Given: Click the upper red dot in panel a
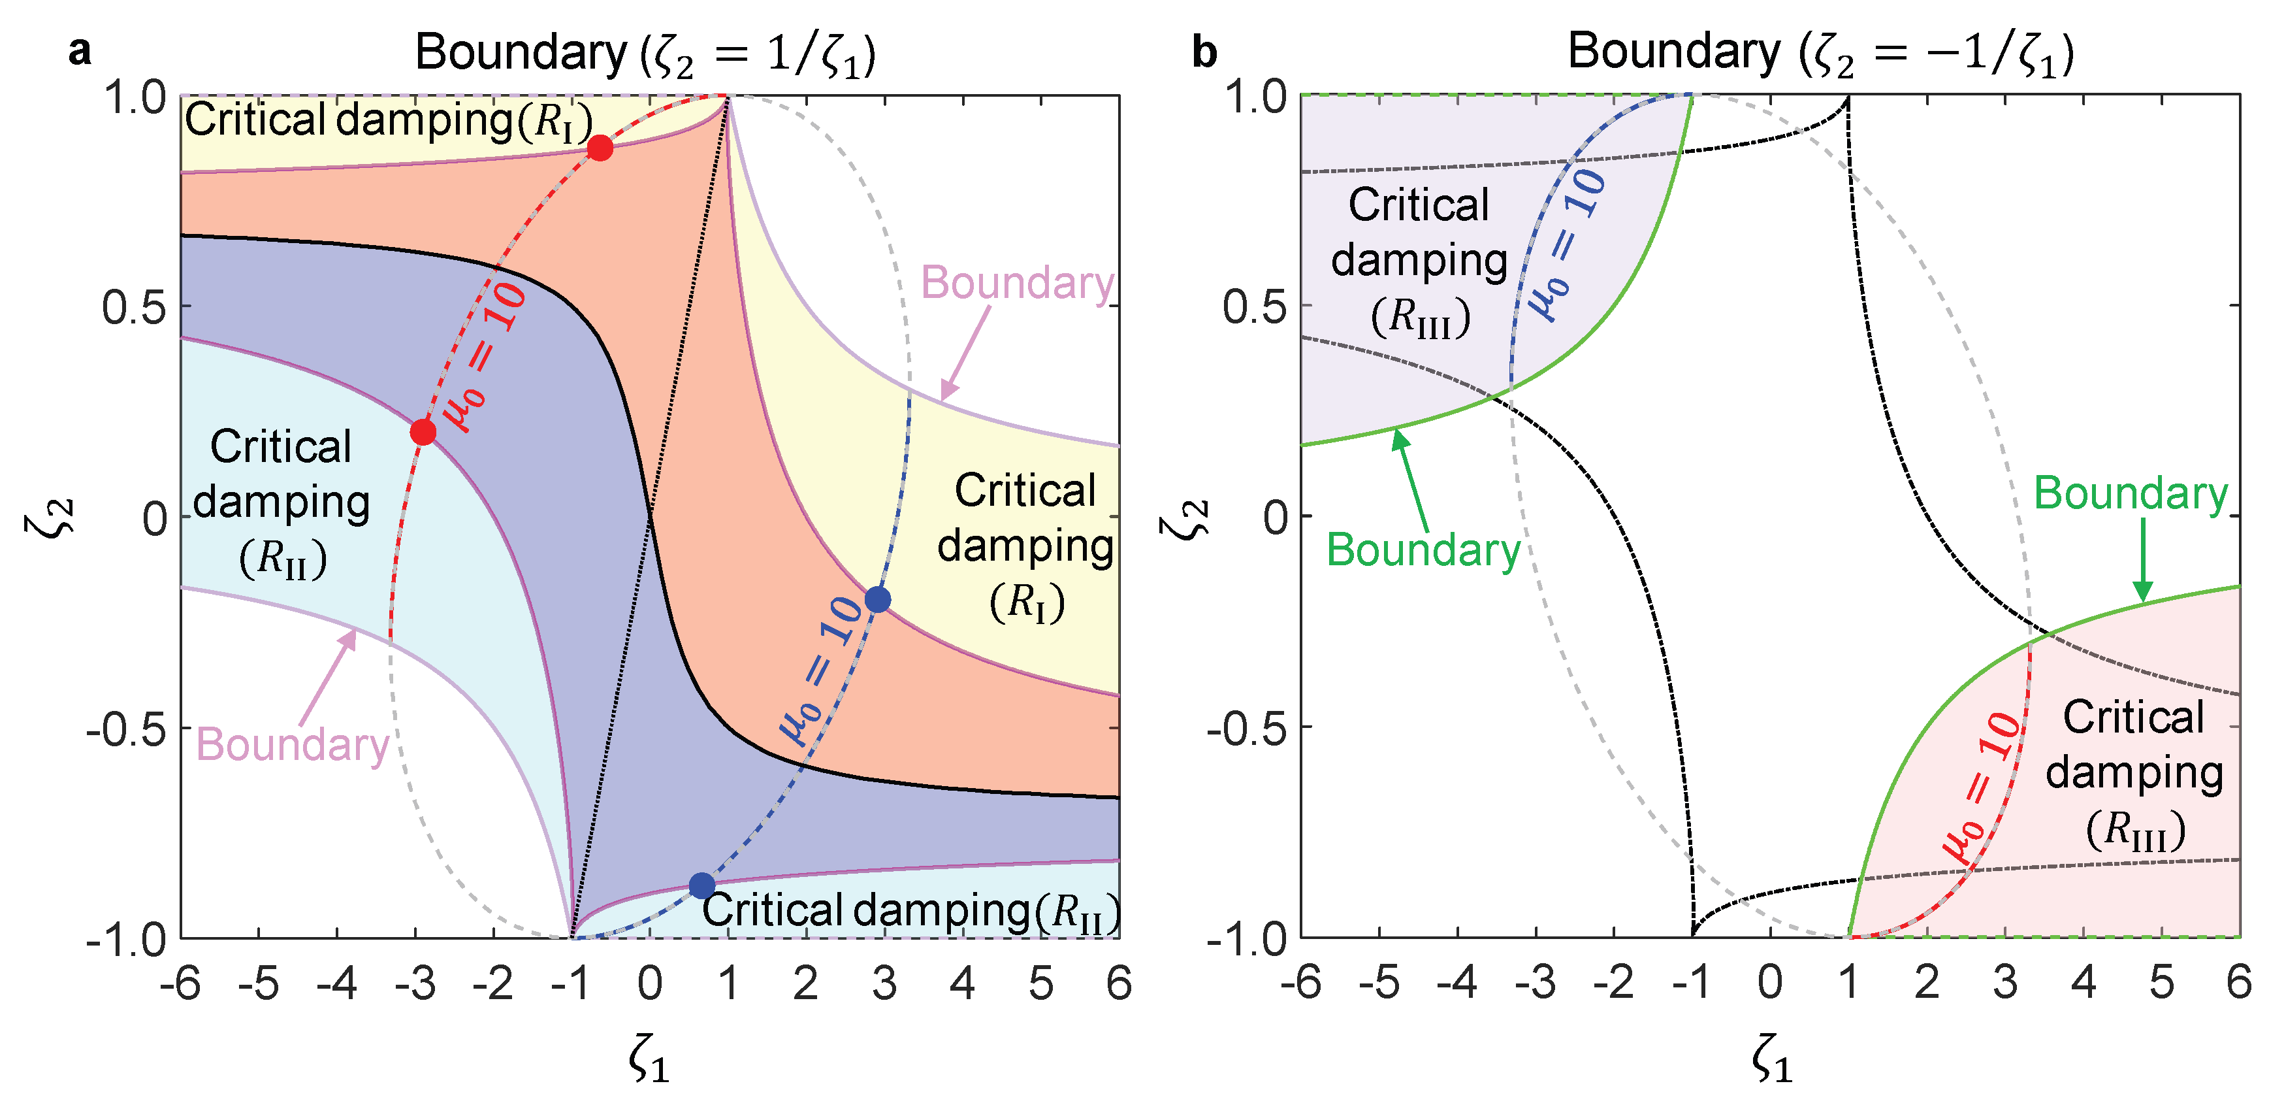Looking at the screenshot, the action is [600, 148].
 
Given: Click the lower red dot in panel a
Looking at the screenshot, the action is [423, 432].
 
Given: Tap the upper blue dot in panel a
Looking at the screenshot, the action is [877, 599].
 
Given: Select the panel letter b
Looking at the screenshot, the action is [1204, 52].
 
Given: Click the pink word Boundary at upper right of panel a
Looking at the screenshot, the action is [1018, 284].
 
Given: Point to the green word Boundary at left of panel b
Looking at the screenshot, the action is [1423, 551].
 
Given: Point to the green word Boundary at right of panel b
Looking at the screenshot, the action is [2131, 493].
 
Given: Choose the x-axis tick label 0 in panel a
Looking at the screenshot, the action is [650, 983].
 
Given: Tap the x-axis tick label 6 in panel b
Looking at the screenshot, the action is [2239, 983].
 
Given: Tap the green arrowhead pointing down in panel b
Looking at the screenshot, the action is [2143, 590].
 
